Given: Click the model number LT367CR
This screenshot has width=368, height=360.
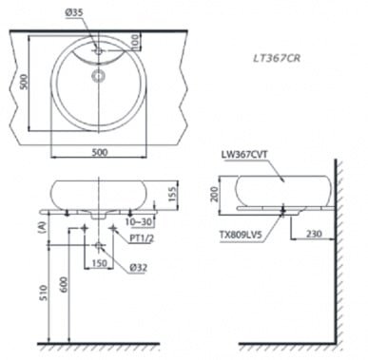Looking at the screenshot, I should point(281,59).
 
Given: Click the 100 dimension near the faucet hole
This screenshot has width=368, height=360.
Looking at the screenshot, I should point(135,42).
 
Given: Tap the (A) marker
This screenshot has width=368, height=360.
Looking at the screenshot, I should point(42,226).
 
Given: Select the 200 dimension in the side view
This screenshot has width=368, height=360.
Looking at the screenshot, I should point(215,194).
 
